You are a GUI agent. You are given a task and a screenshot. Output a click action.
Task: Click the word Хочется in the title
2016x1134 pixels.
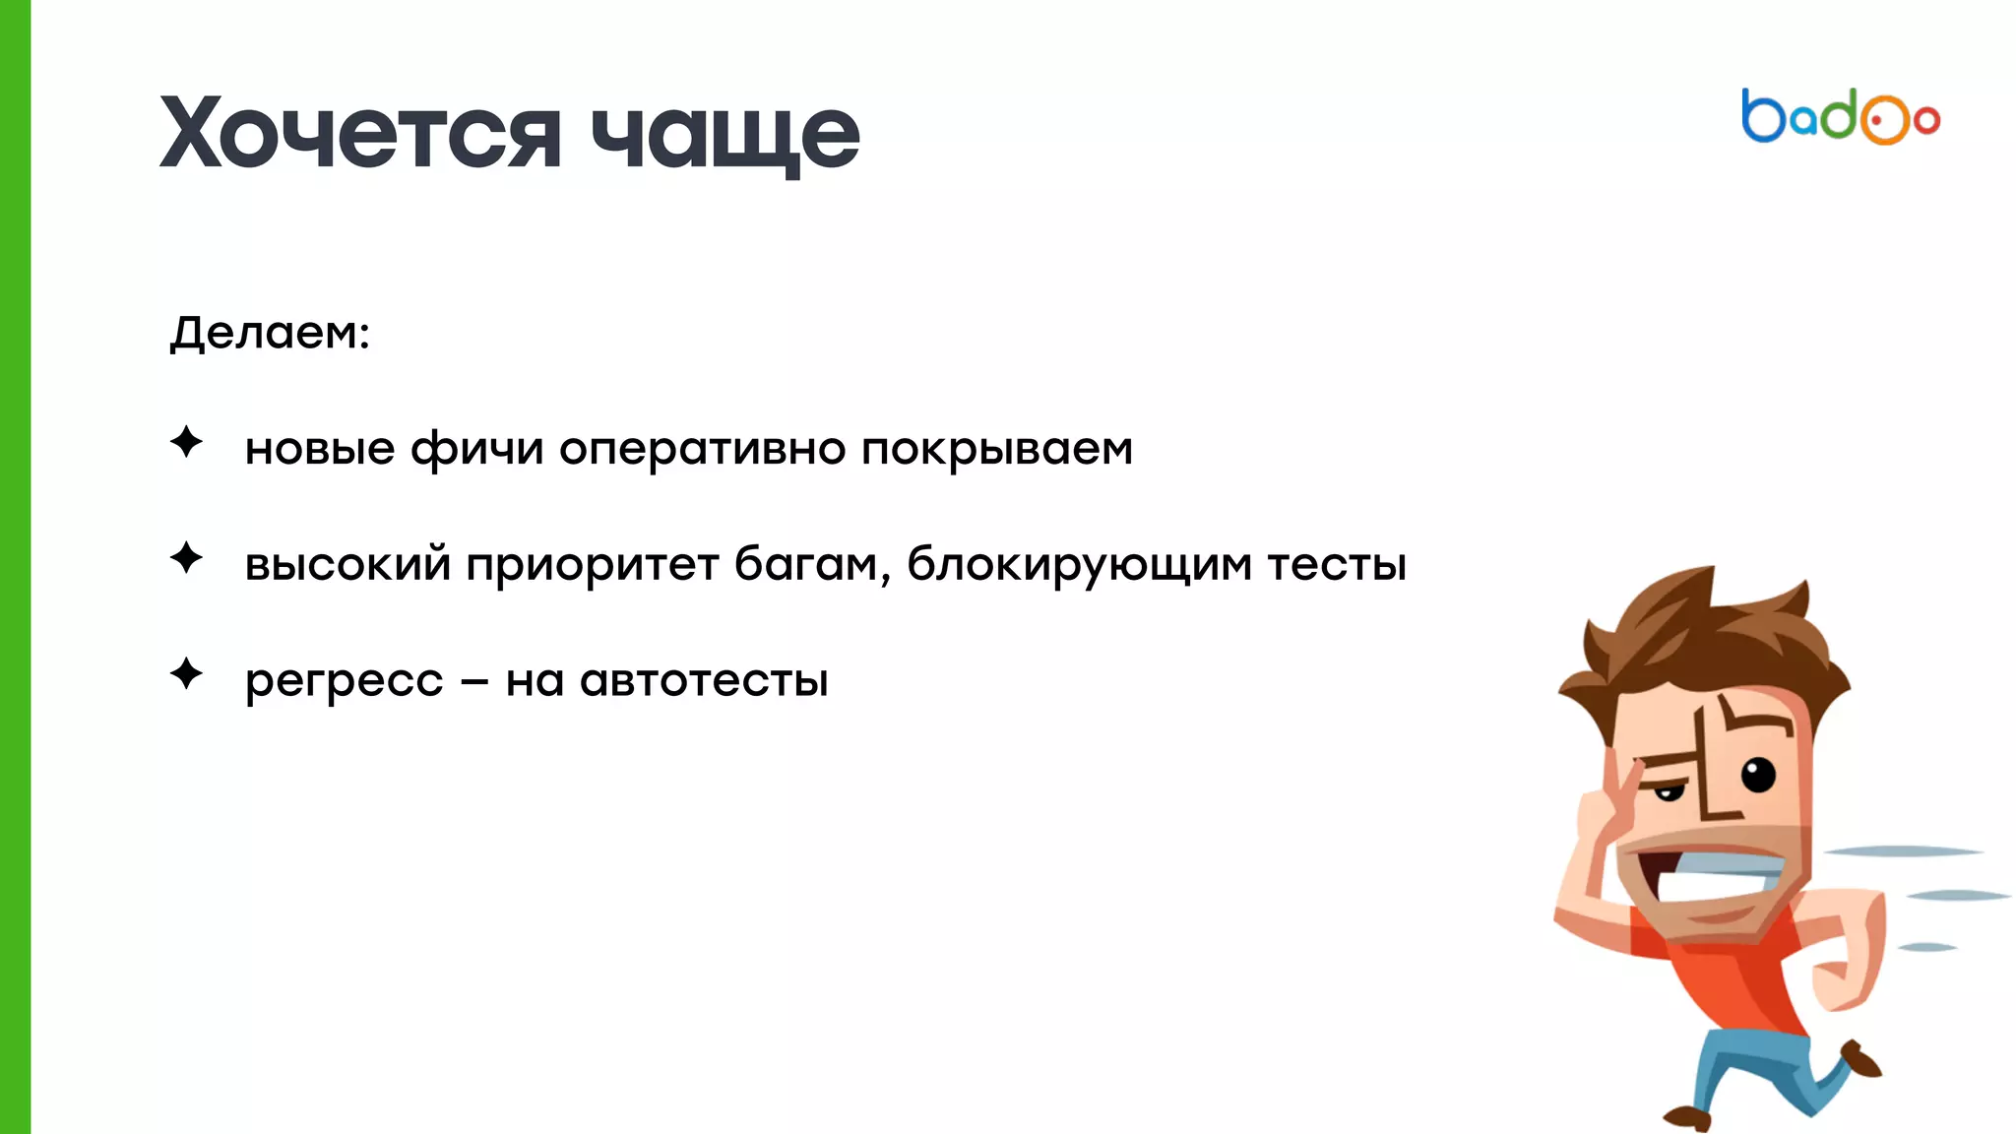359,133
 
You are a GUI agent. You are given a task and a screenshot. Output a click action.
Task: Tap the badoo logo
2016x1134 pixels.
1840,117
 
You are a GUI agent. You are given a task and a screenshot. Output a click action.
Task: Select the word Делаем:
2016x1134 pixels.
270,333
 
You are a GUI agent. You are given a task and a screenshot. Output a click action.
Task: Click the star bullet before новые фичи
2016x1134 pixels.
186,442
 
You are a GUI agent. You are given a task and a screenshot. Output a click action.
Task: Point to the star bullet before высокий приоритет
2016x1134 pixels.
186,558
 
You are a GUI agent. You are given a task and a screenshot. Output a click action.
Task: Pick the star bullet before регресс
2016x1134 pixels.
186,674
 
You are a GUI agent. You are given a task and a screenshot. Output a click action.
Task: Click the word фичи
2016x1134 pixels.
476,450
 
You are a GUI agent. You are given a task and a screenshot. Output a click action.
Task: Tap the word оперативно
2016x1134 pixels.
702,450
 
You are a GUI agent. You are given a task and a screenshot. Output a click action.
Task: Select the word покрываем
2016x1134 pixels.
996,450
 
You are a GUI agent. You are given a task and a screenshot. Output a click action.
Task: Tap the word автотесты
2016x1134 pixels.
704,681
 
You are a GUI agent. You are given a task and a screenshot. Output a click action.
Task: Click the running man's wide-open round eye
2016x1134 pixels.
1758,775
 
